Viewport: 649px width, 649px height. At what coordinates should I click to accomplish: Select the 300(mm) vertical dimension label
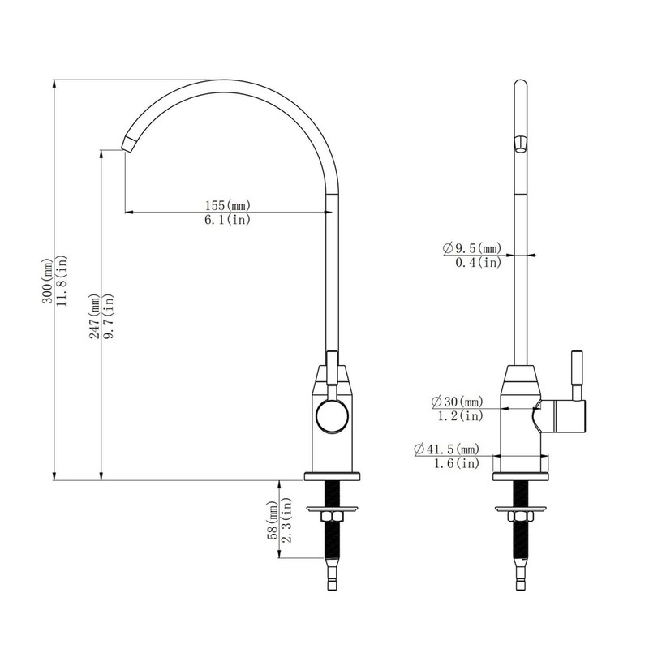point(47,280)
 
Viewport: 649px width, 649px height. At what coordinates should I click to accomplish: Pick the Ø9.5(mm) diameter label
point(472,247)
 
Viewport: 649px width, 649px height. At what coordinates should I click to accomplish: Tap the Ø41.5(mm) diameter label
point(445,449)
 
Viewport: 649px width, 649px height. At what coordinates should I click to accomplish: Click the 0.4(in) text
point(477,262)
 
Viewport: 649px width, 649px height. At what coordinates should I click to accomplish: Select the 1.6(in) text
point(455,463)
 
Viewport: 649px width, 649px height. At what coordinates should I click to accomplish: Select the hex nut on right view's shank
point(518,518)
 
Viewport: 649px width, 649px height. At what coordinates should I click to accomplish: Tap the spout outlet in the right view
point(519,144)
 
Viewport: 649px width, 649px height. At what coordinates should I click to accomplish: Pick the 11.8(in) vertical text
point(62,280)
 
